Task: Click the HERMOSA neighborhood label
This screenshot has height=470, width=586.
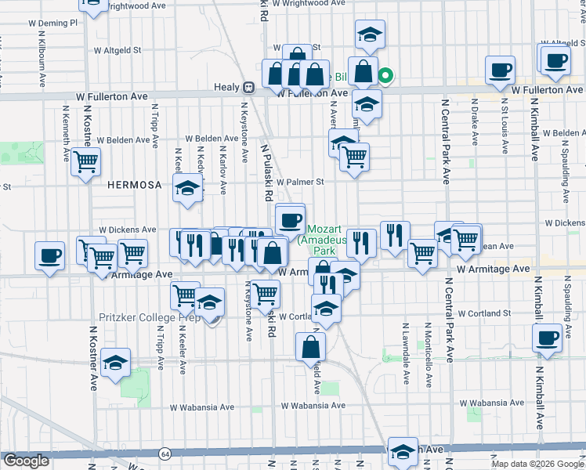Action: [x=135, y=185]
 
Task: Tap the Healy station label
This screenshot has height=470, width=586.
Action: [x=226, y=88]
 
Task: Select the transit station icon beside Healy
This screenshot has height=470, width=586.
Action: [x=248, y=88]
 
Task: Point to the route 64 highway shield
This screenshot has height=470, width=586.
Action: [x=165, y=454]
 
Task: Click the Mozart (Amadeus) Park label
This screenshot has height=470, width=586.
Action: [x=324, y=237]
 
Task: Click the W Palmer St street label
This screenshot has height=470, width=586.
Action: [x=298, y=182]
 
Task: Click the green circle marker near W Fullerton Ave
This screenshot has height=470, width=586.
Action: [x=385, y=76]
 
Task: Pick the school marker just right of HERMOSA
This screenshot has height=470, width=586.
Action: [x=188, y=189]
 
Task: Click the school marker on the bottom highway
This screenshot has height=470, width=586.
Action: [x=403, y=451]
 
